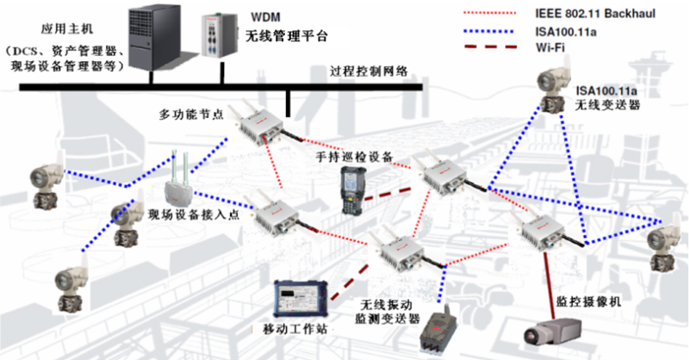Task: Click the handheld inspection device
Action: pyautogui.click(x=352, y=189)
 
